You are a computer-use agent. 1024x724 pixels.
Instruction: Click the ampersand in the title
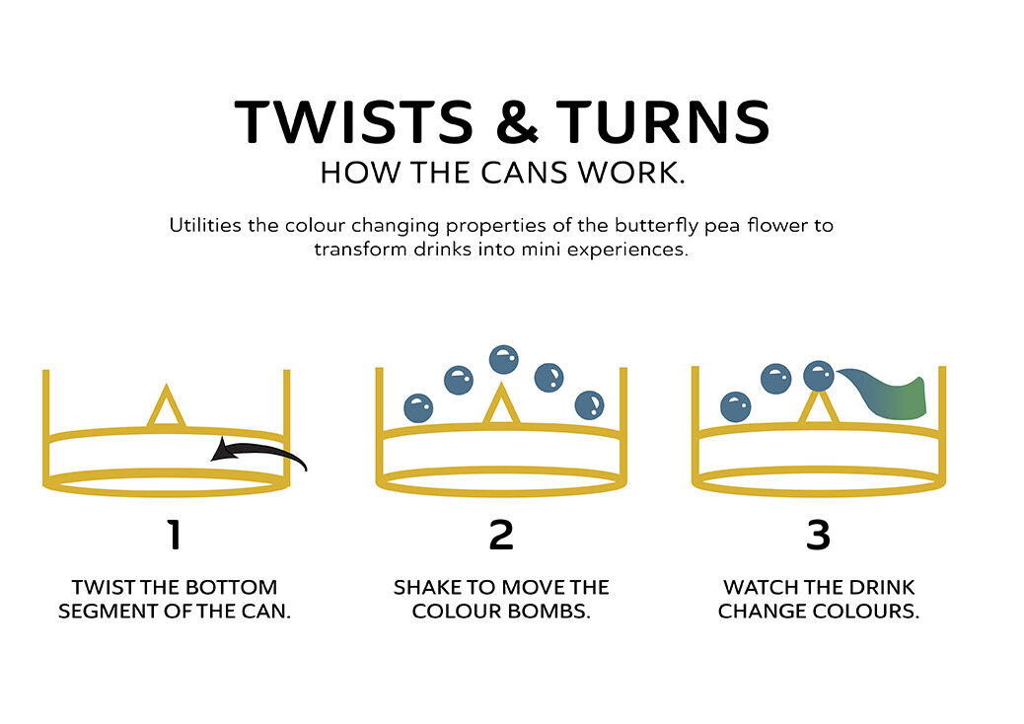pos(517,121)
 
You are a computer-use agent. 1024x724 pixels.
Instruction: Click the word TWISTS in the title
pos(353,121)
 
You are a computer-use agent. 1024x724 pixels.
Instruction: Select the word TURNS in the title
pos(663,121)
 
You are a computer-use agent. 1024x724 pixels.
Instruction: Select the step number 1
pos(174,535)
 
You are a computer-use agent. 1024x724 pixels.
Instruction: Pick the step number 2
pos(501,535)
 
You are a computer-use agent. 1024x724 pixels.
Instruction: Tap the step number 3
pos(818,535)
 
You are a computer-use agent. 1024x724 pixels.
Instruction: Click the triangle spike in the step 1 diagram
pos(167,406)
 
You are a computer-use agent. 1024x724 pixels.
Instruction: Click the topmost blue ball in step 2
pos(503,360)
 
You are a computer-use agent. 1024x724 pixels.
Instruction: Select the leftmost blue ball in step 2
pos(418,408)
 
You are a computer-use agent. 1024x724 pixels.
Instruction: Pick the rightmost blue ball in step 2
pos(590,404)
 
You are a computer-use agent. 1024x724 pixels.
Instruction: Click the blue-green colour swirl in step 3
pos(888,394)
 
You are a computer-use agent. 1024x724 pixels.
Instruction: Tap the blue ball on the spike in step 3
pos(818,376)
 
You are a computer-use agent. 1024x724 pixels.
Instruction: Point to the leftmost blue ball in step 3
pos(735,406)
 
